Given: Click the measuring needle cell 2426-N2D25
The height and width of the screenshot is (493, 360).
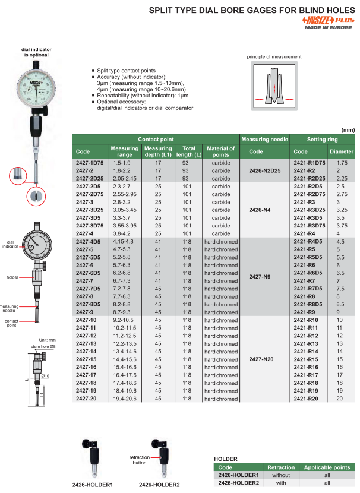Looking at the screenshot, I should tap(265, 170).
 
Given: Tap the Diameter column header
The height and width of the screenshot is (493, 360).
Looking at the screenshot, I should tap(341, 151).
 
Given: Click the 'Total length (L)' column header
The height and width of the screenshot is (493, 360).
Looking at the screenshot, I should tap(185, 151).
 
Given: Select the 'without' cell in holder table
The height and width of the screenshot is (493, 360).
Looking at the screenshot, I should tap(280, 475).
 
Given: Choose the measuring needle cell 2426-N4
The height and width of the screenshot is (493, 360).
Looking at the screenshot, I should tap(265, 210).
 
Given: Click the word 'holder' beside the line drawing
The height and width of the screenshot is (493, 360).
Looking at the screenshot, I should tap(12, 277).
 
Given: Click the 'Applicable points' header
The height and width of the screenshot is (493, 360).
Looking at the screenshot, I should tap(327, 467).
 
